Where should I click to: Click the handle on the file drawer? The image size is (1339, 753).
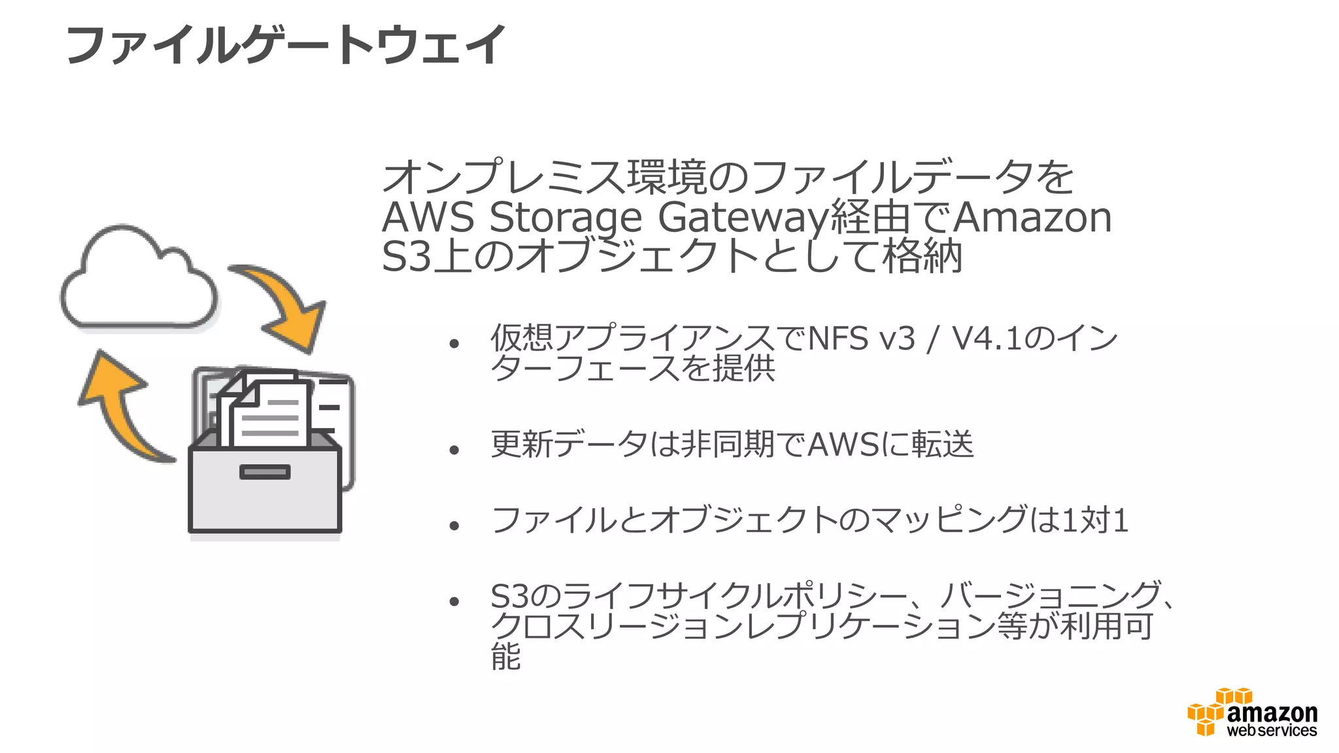[x=265, y=471]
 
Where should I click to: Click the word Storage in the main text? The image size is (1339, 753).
[x=566, y=218]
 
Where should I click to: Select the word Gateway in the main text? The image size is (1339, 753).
[x=743, y=218]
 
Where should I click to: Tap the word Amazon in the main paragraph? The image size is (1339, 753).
[x=1033, y=218]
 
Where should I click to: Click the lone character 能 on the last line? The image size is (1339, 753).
[x=505, y=656]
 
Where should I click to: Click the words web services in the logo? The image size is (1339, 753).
[x=1272, y=731]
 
